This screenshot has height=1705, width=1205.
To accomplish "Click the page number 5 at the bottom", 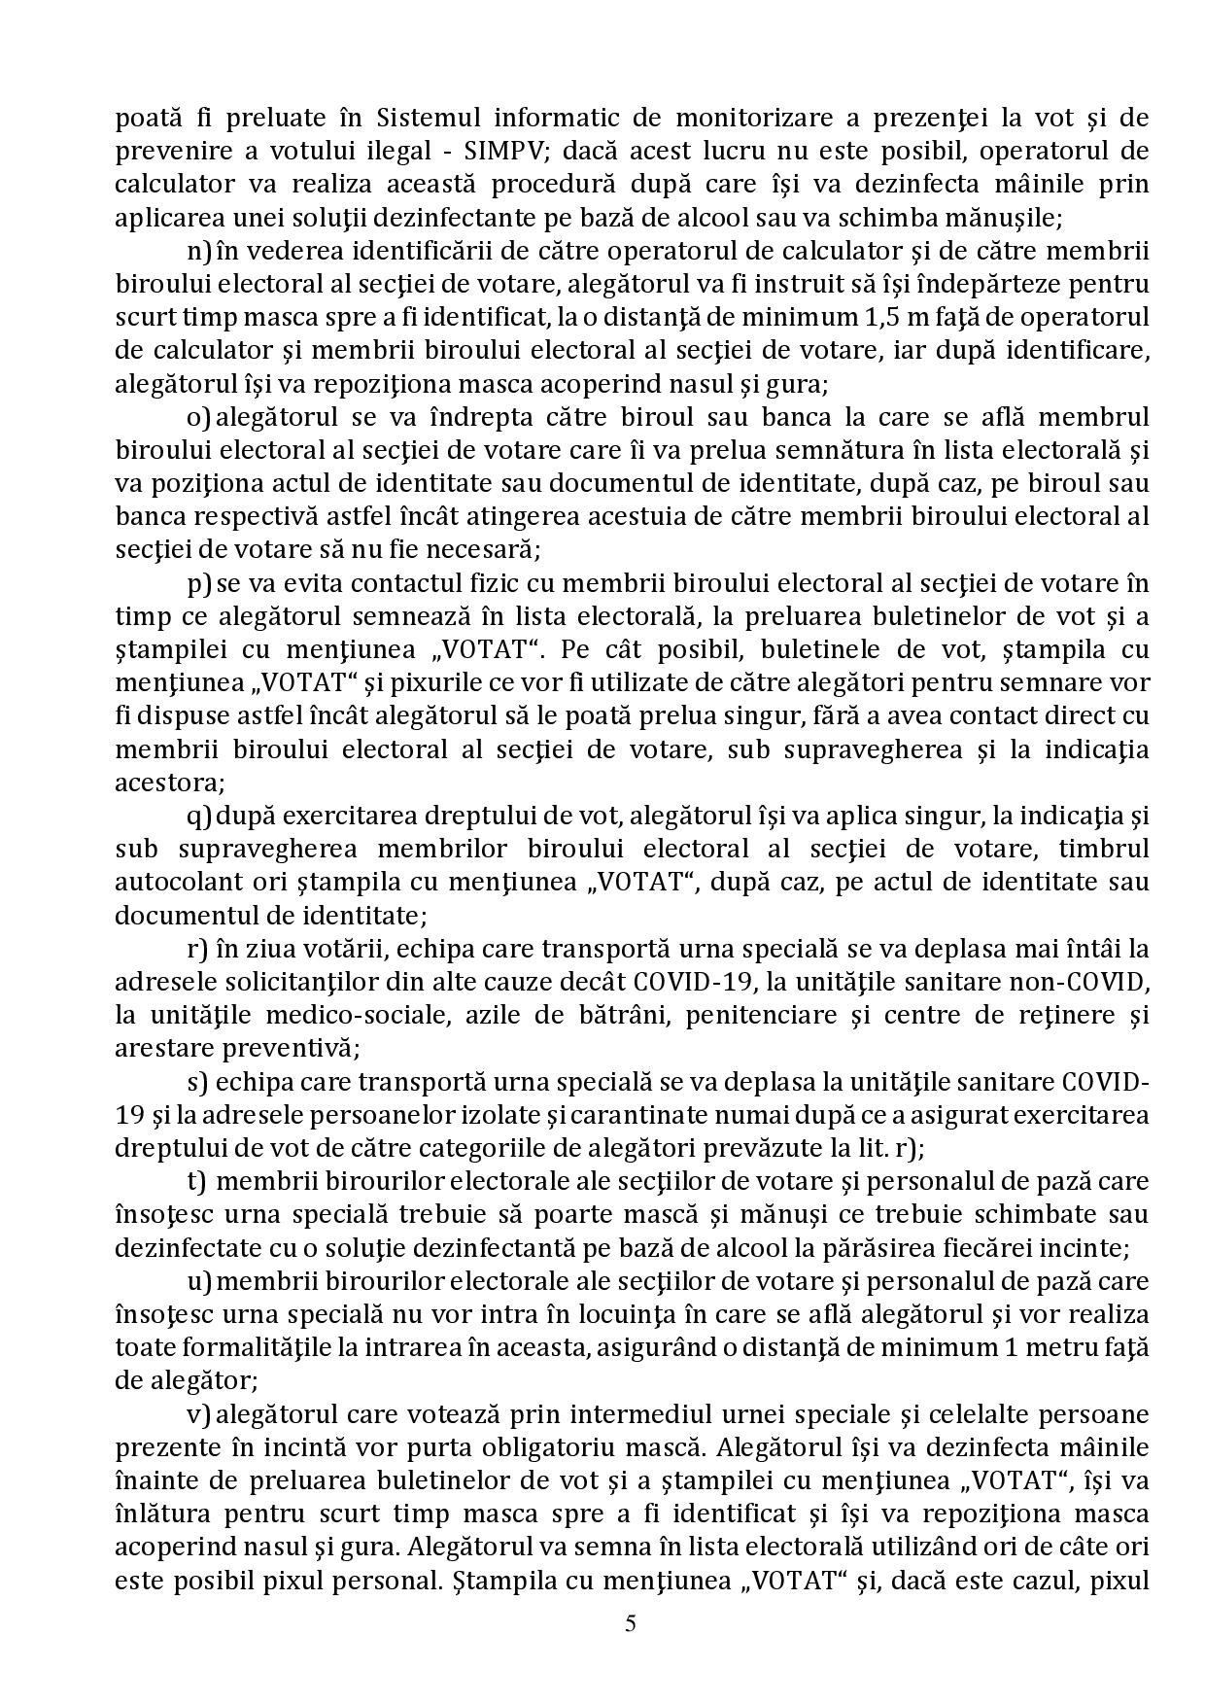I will coord(631,1623).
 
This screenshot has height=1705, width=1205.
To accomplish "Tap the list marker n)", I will coord(199,252).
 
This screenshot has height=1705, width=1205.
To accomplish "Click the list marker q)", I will coord(199,816).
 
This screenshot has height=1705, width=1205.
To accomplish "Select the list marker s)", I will coord(198,1082).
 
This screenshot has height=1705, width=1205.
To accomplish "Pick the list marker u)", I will coord(199,1282).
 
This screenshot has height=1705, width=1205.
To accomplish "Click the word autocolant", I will coord(178,883).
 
